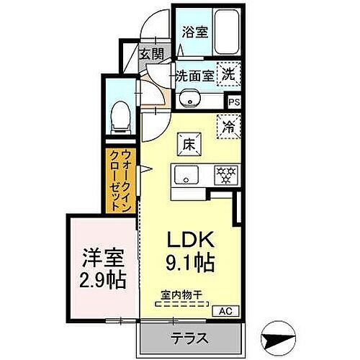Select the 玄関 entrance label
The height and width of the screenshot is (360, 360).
(x=151, y=54)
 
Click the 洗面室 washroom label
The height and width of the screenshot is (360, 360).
(x=192, y=75)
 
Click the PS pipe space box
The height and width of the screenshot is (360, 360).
(x=234, y=102)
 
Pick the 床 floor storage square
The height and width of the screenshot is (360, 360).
(x=187, y=144)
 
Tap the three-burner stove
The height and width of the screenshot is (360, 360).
(x=225, y=175)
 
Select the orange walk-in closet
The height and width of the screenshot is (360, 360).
(x=119, y=180)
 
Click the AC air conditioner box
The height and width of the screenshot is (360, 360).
(x=226, y=311)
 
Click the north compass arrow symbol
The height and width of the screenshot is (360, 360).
(x=279, y=338)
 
